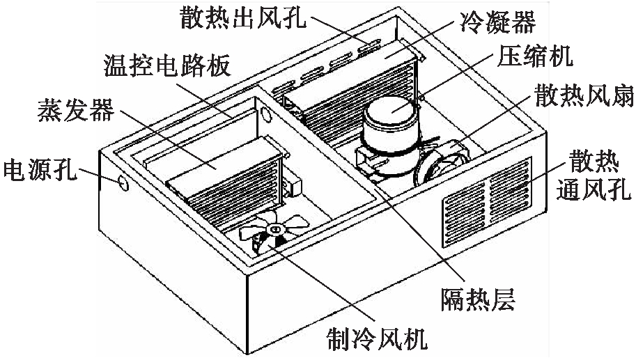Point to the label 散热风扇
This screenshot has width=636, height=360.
[x=584, y=95]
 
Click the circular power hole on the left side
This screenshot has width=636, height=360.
[x=121, y=184]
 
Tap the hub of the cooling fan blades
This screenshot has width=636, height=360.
[x=274, y=228]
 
